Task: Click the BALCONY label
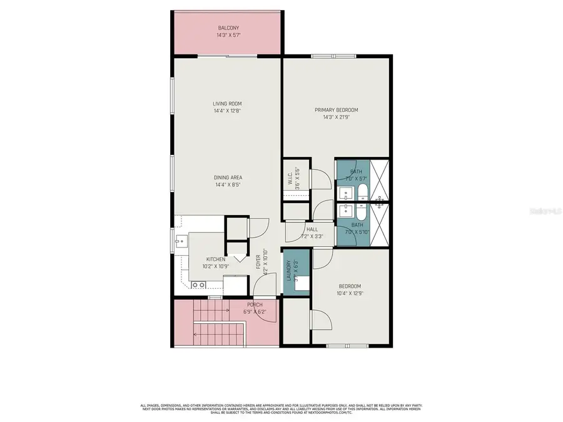pyautogui.click(x=228, y=28)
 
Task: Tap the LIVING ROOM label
pyautogui.click(x=227, y=104)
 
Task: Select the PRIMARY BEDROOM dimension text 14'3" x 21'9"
pyautogui.click(x=340, y=117)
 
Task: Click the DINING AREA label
pyautogui.click(x=227, y=178)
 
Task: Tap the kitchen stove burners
pyautogui.click(x=199, y=285)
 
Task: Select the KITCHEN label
pyautogui.click(x=216, y=259)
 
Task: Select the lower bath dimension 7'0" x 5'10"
pyautogui.click(x=357, y=232)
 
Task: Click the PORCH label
pyautogui.click(x=254, y=304)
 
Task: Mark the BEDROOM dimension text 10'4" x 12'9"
pyautogui.click(x=349, y=293)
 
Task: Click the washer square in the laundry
pyautogui.click(x=302, y=282)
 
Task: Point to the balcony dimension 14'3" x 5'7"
pyautogui.click(x=228, y=36)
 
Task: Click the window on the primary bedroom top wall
pyautogui.click(x=333, y=56)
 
